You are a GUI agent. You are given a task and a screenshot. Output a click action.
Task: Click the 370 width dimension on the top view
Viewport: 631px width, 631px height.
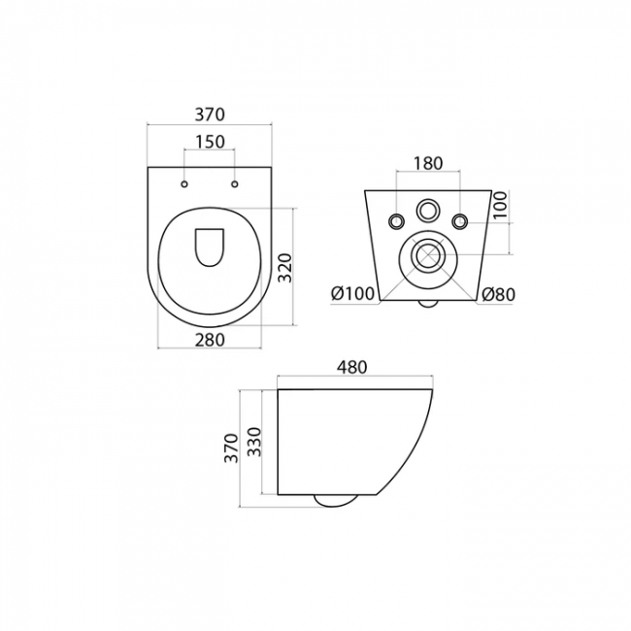point(210,115)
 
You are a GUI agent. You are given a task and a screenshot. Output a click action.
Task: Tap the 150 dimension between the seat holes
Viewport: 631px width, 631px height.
point(210,142)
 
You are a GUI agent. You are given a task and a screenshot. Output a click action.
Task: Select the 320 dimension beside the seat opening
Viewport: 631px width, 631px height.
point(284,268)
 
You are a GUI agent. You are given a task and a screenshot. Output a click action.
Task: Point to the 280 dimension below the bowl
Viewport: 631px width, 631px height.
point(210,340)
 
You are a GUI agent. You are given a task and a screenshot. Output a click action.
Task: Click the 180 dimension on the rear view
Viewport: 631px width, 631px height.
point(428,163)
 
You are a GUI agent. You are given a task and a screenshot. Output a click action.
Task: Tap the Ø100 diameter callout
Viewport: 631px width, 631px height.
point(353,294)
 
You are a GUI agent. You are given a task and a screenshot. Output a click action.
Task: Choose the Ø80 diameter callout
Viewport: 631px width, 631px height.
point(499,294)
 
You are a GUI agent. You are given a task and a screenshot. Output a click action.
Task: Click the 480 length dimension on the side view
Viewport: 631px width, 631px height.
point(352,367)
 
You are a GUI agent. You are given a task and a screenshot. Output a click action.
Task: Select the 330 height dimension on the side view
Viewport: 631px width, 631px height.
point(254,442)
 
